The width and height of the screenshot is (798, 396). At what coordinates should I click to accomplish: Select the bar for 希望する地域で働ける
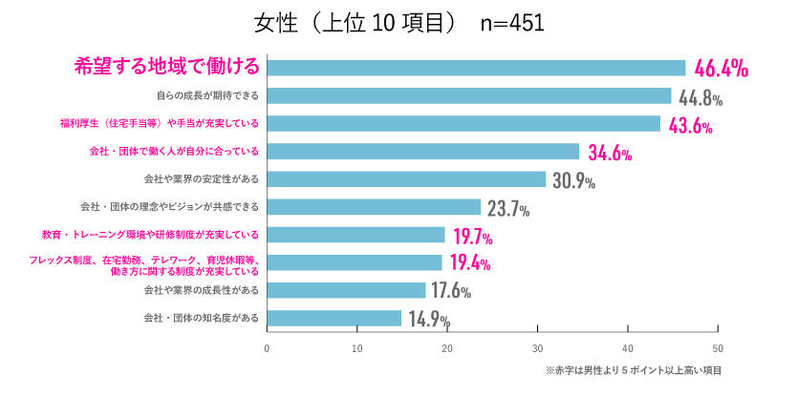[x=476, y=68]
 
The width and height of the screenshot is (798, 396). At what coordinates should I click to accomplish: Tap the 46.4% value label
[x=721, y=69]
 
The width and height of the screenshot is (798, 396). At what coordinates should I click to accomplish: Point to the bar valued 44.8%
[x=469, y=95]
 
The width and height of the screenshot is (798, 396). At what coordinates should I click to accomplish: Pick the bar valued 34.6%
[x=423, y=151]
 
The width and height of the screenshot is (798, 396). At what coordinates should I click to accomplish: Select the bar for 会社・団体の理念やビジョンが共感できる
[x=374, y=206]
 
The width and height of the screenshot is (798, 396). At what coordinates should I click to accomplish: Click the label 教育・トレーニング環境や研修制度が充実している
[x=151, y=234]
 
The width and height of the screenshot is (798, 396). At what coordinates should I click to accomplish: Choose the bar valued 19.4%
[x=355, y=261]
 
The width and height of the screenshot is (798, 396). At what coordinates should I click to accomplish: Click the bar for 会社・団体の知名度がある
[x=334, y=317]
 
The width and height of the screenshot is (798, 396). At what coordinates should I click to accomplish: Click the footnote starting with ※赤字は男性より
[x=633, y=369]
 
